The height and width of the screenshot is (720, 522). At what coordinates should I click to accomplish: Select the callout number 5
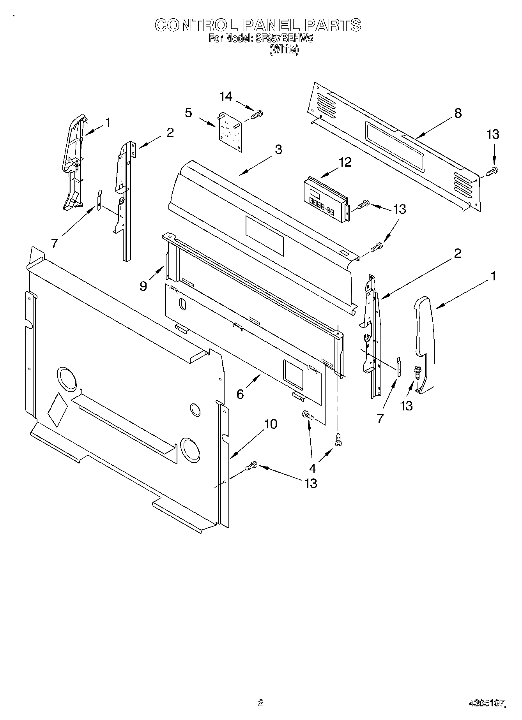pos(188,113)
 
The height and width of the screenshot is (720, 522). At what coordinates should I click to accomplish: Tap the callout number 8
pos(458,113)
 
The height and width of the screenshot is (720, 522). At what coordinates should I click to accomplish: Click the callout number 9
pos(143,286)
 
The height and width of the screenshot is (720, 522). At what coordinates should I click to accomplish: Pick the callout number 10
pos(271,424)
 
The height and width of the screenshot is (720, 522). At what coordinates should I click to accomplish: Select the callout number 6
pos(240,394)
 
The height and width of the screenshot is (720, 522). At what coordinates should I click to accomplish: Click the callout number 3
pos(278,150)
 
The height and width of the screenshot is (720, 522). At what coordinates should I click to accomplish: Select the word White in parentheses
pos(284,49)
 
